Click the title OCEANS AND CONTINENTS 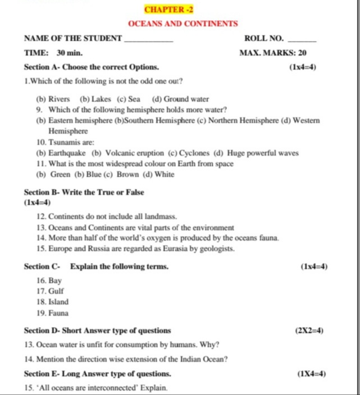click(x=183, y=24)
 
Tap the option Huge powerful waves click(x=266, y=153)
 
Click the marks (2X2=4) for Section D click(x=309, y=330)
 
